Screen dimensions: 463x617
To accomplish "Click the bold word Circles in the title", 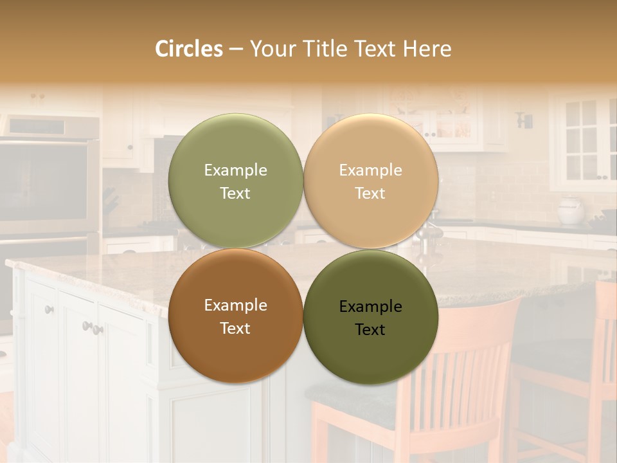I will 188,49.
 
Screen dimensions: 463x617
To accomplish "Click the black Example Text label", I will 370,318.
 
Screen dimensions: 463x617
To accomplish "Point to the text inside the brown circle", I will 235,316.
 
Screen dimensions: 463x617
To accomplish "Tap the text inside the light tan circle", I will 370,181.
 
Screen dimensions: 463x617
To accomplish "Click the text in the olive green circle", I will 235,181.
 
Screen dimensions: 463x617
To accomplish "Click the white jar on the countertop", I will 570,210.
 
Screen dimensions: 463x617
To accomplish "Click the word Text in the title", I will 373,49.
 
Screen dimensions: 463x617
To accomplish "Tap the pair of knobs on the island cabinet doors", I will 92,328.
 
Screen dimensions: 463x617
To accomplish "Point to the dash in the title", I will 236,50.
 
